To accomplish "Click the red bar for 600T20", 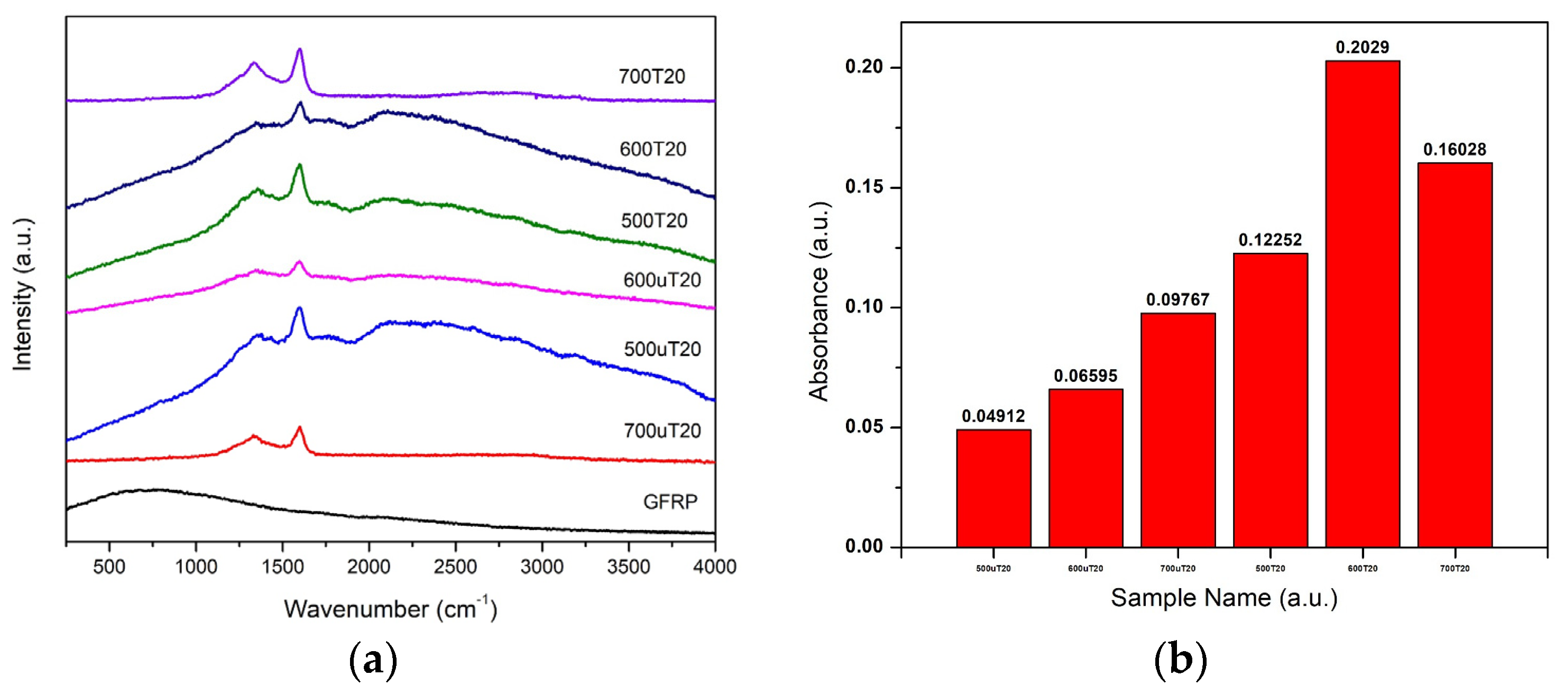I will coord(1362,304).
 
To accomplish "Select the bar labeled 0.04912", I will coord(993,488).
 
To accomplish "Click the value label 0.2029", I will coord(1362,48).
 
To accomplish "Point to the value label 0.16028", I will coord(1455,149).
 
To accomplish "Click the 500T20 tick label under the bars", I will coord(1270,568).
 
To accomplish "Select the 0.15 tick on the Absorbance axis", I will coord(863,187).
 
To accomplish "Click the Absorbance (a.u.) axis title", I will coord(819,302).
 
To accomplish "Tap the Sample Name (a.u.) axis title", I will coord(1224,598).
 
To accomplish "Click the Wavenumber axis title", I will coord(390,609).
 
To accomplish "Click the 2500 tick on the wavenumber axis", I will coord(455,567).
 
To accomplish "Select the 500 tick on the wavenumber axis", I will coord(109,567).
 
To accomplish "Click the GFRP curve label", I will coord(670,501).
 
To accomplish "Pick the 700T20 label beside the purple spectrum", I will coord(651,77).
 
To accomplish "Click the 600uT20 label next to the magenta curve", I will coord(662,280).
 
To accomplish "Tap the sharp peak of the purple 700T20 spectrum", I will coord(299,50).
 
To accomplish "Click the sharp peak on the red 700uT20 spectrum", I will coord(299,428).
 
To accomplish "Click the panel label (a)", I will coord(373,661).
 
